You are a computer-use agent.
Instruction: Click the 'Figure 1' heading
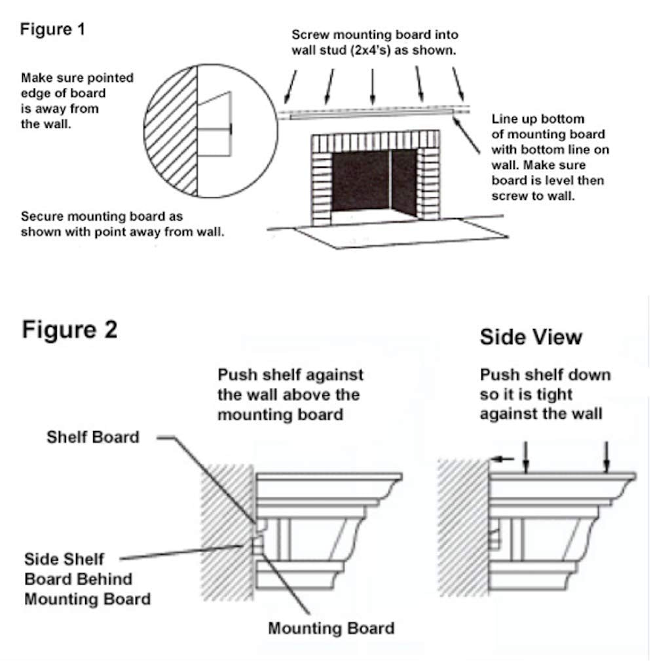pos(52,29)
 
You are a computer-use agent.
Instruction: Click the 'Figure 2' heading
pos(69,329)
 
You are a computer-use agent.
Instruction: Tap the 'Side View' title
pos(531,337)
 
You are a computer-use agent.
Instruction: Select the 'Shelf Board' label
pos(93,437)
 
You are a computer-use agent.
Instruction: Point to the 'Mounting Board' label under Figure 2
pos(331,628)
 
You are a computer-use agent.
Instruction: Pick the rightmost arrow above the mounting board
pos(459,85)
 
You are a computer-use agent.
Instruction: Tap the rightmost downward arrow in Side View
pos(607,456)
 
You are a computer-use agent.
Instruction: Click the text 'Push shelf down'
pos(545,375)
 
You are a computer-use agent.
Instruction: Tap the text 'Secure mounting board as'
pos(102,216)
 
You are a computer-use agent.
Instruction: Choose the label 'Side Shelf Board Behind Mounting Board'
pos(87,579)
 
